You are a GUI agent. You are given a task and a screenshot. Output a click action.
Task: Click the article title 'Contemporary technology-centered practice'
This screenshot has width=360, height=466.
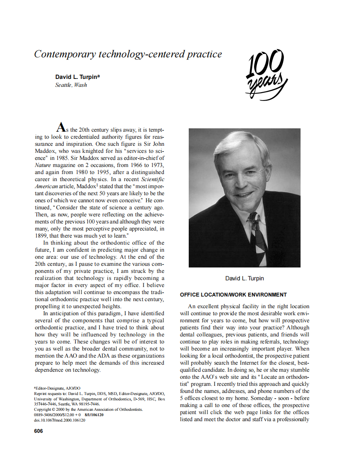[x=128, y=54]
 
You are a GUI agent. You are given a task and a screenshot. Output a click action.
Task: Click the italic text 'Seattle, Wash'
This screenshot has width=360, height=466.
[x=71, y=85]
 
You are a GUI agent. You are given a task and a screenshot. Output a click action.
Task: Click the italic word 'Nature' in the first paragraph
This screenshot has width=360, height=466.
[x=43, y=165]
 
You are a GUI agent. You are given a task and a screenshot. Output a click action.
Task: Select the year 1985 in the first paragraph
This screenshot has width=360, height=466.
[x=62, y=158]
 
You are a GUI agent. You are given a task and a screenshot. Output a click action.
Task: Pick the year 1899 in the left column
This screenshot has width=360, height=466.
[x=42, y=235]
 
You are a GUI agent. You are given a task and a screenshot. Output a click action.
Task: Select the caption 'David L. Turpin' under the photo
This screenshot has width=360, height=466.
[x=244, y=278]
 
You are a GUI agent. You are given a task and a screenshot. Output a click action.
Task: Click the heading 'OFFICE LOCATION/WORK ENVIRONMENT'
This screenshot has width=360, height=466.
[x=233, y=295]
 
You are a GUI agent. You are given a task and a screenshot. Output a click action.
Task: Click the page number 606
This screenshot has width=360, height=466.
[x=38, y=431]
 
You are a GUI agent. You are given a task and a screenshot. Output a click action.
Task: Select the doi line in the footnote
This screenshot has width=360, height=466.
[x=59, y=420]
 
